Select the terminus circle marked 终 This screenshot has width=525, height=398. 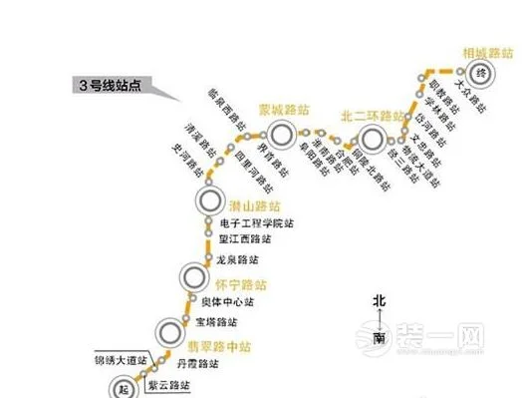(x=479, y=73)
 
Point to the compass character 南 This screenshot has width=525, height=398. (x=380, y=339)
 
